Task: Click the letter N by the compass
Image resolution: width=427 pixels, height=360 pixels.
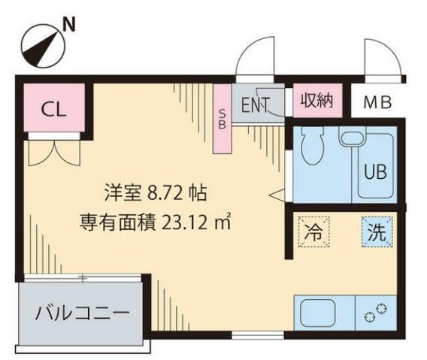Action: click(x=69, y=25)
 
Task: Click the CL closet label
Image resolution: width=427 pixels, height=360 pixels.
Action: click(x=53, y=110)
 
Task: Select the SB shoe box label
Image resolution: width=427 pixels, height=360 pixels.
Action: click(x=223, y=119)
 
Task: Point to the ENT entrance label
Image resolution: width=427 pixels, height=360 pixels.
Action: click(x=256, y=105)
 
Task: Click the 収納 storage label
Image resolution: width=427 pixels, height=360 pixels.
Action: click(x=316, y=101)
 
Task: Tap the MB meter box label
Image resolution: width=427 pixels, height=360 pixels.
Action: click(x=377, y=103)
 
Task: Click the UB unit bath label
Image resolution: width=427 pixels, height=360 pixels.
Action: click(x=376, y=172)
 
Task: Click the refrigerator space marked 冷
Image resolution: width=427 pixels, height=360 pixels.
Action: click(x=314, y=231)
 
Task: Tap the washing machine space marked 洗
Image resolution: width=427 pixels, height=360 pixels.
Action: click(x=377, y=231)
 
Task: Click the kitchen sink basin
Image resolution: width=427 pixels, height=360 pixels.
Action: click(x=317, y=313)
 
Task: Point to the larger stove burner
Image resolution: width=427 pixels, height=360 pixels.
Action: click(x=369, y=317)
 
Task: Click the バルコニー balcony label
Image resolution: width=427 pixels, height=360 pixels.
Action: click(x=83, y=313)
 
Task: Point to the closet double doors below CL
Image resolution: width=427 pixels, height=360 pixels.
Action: click(x=54, y=153)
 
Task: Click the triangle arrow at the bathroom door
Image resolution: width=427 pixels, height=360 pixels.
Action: click(x=277, y=195)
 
